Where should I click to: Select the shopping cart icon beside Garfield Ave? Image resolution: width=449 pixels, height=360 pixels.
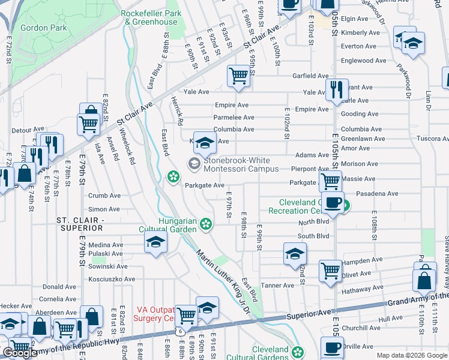(x=238, y=76)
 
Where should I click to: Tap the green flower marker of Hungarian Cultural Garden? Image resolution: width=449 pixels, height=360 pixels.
(x=206, y=224)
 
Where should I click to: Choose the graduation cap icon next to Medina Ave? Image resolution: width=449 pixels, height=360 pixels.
(x=155, y=242)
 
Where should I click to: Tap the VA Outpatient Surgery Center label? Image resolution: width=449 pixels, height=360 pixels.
(x=157, y=314)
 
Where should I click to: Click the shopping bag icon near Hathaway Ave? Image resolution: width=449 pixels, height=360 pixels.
(x=424, y=280)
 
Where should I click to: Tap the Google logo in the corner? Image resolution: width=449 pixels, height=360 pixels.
(x=20, y=353)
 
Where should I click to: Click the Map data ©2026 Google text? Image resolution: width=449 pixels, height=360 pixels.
(x=411, y=355)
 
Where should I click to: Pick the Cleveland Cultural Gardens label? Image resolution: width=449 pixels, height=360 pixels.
(x=270, y=353)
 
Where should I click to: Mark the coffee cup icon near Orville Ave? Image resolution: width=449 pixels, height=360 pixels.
(x=331, y=347)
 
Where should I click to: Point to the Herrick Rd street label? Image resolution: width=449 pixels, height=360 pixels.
(x=176, y=110)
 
